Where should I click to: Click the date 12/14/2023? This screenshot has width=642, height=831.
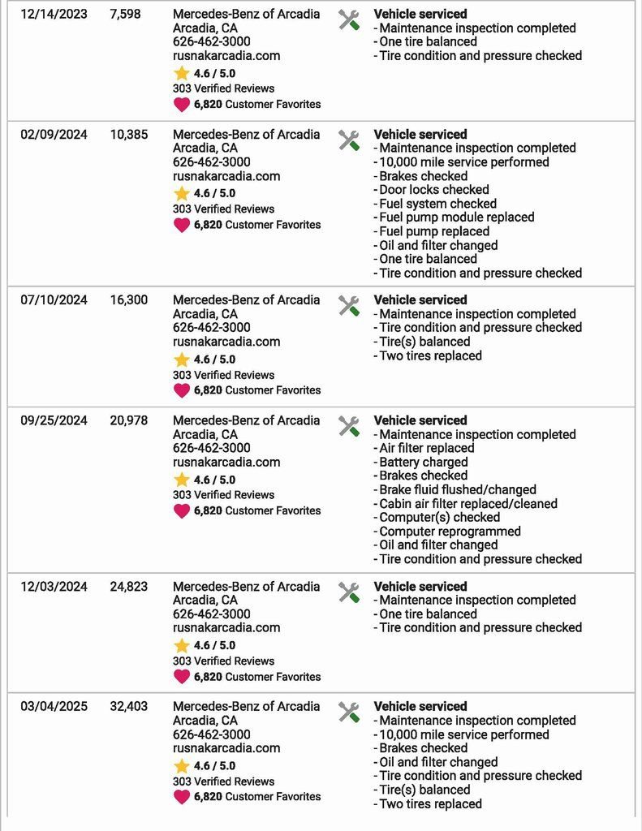(x=54, y=15)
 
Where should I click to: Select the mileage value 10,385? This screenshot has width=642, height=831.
(x=129, y=135)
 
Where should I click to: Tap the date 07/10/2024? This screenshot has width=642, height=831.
(x=54, y=300)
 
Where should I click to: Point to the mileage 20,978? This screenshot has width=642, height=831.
(x=129, y=420)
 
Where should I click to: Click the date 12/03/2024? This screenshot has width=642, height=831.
(x=54, y=587)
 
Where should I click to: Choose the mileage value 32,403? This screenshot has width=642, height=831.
(x=129, y=707)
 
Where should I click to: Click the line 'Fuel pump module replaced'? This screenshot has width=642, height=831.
(x=456, y=217)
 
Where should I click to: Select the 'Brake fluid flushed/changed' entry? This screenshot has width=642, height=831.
(x=457, y=490)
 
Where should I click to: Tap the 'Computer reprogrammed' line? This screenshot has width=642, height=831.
(x=450, y=532)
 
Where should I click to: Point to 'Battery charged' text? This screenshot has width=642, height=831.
(x=423, y=463)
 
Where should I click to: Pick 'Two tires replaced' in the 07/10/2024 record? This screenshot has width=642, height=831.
(x=430, y=355)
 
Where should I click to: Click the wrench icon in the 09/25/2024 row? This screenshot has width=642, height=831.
(x=349, y=426)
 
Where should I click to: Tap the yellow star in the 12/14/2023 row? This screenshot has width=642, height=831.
(x=182, y=73)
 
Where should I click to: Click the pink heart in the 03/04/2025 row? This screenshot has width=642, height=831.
(x=182, y=796)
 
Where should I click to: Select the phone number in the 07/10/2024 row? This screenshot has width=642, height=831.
(x=212, y=328)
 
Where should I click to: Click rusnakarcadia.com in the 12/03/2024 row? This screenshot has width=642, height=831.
(x=226, y=627)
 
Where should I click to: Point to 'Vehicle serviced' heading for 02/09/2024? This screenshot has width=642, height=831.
(x=420, y=135)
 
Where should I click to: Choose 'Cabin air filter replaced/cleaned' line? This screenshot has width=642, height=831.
(x=467, y=504)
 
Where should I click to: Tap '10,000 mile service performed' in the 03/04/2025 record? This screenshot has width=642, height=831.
(x=463, y=734)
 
